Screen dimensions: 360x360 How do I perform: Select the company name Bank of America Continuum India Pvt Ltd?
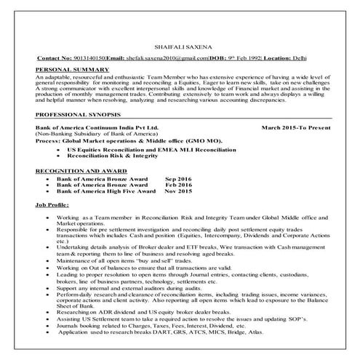click(97, 127)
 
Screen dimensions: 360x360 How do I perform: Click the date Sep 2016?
click(178, 177)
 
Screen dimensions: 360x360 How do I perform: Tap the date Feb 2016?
click(178, 184)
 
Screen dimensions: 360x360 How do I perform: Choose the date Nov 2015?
click(178, 191)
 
